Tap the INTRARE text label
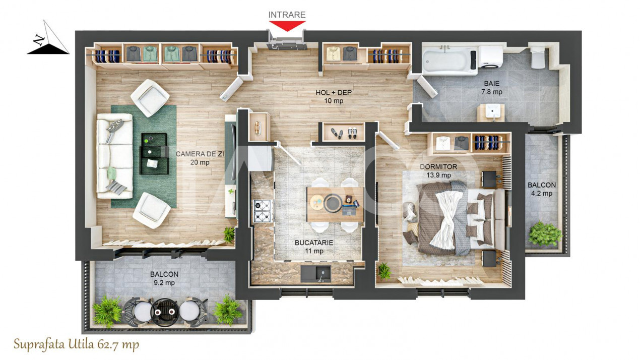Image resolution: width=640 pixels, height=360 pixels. (x=287, y=15)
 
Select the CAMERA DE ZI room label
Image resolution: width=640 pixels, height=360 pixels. (x=193, y=158)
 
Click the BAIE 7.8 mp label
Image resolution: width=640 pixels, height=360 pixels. (x=491, y=88)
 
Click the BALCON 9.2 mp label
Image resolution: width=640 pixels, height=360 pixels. (x=164, y=278)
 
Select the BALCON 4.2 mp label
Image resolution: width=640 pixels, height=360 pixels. (x=542, y=189)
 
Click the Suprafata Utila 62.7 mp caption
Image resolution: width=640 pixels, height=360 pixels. (x=76, y=345)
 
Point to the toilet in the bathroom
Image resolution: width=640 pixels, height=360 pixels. (x=538, y=57)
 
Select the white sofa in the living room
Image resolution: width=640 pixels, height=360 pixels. (x=114, y=155)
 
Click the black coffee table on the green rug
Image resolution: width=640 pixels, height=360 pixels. (x=154, y=153)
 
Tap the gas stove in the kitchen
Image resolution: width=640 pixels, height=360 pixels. (x=263, y=211)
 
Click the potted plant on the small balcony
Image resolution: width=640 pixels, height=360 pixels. (x=545, y=234)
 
